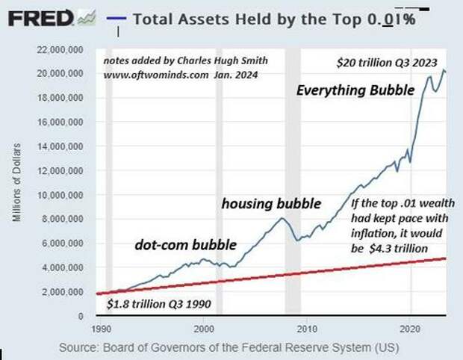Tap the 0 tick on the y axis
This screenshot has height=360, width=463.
(81, 316)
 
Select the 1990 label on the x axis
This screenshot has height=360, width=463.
(97, 328)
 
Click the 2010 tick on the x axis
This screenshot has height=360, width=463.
(306, 328)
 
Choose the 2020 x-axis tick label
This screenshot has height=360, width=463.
(409, 328)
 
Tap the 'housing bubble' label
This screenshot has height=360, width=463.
(271, 203)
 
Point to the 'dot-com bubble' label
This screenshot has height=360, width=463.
(185, 244)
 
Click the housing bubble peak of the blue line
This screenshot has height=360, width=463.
(281, 218)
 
